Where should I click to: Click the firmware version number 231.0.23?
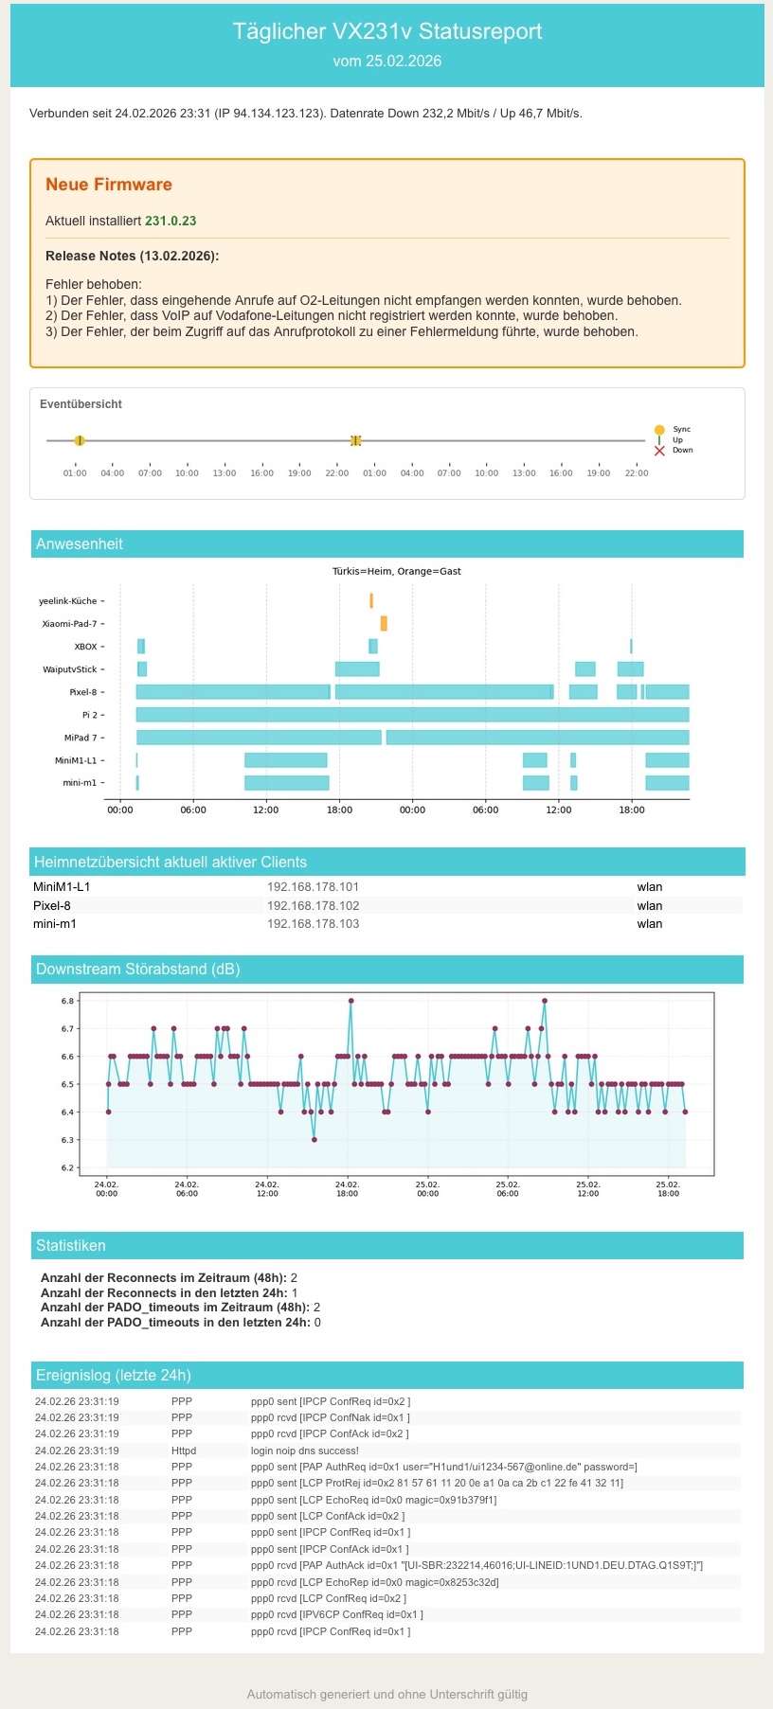(x=171, y=221)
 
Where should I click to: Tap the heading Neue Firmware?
(x=109, y=185)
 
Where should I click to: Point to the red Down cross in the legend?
(x=659, y=451)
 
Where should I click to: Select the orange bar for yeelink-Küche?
(x=371, y=600)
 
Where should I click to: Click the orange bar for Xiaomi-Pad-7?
(x=384, y=623)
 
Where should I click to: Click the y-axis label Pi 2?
(x=92, y=715)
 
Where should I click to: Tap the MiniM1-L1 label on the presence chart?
(x=75, y=760)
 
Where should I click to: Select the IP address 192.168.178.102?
(x=313, y=905)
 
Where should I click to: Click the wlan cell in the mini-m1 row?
(x=649, y=923)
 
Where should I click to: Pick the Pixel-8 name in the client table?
(x=52, y=905)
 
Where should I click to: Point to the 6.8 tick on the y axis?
(x=67, y=1000)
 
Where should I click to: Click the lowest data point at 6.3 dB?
(x=315, y=1139)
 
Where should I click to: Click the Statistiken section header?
(x=71, y=1245)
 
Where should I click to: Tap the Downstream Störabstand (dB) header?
(x=137, y=969)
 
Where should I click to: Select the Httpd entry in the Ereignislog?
(x=184, y=1451)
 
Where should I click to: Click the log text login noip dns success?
(x=304, y=1451)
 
